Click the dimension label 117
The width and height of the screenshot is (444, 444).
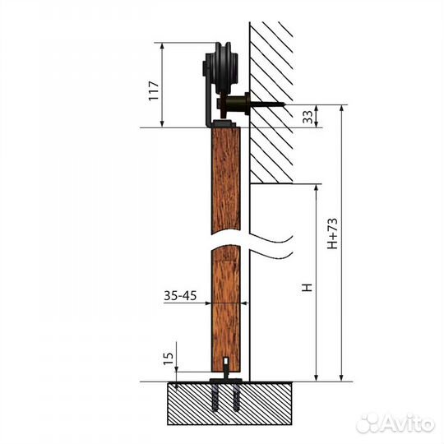click(153, 90)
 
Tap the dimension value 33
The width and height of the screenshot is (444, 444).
click(308, 117)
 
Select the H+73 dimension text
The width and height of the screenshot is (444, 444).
click(332, 234)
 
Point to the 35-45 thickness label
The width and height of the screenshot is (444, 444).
click(180, 296)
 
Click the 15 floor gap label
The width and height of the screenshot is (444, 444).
click(169, 358)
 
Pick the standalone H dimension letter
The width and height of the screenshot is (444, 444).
click(307, 288)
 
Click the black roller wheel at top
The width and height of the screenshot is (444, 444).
click(223, 68)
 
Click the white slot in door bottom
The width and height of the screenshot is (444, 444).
click(226, 361)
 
